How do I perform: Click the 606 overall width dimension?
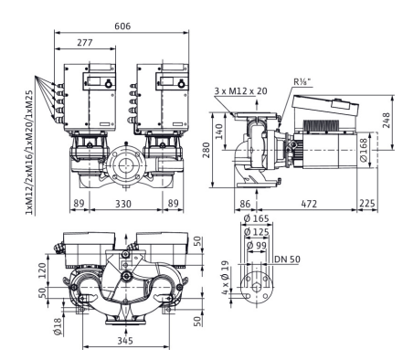(x=122, y=26)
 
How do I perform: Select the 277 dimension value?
(x=84, y=43)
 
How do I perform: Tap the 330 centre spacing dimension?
(x=123, y=204)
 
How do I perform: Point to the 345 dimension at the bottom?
(x=125, y=340)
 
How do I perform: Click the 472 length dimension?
(x=309, y=204)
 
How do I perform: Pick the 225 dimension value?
(x=367, y=204)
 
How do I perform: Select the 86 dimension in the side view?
(x=245, y=204)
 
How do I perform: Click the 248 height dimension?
(x=386, y=121)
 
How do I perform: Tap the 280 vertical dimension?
(x=207, y=151)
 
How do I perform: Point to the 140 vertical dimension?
(x=219, y=132)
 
